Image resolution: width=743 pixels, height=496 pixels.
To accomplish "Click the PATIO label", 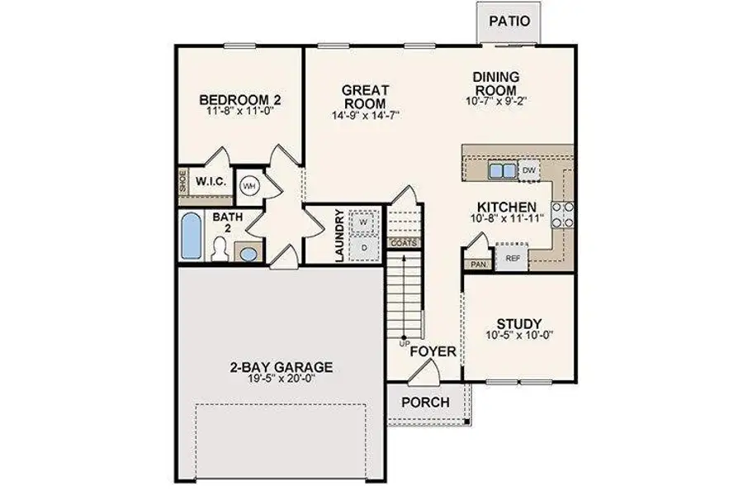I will (509, 21).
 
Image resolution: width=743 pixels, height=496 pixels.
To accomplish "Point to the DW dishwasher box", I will (530, 170).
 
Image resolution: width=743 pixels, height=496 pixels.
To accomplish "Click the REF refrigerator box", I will (513, 257).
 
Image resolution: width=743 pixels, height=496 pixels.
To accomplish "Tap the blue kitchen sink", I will (500, 170).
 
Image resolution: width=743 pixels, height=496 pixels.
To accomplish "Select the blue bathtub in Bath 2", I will (191, 236).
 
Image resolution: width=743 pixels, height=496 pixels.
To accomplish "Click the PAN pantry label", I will (478, 265).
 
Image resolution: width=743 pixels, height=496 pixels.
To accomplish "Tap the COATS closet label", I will (404, 243).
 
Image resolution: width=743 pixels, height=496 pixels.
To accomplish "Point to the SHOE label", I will (182, 182).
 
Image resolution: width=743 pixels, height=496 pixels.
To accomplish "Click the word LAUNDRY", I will (339, 236).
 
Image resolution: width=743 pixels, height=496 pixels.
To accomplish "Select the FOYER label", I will (433, 352).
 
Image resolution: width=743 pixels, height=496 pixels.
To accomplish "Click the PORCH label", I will (426, 403).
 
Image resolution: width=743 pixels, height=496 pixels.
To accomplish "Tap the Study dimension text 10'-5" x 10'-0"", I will (518, 336).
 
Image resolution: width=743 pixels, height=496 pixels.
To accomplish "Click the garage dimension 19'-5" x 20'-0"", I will (282, 379).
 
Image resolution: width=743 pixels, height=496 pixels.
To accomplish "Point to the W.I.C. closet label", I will (211, 182).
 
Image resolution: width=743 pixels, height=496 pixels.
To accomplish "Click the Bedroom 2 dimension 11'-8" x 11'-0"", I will (240, 113).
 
